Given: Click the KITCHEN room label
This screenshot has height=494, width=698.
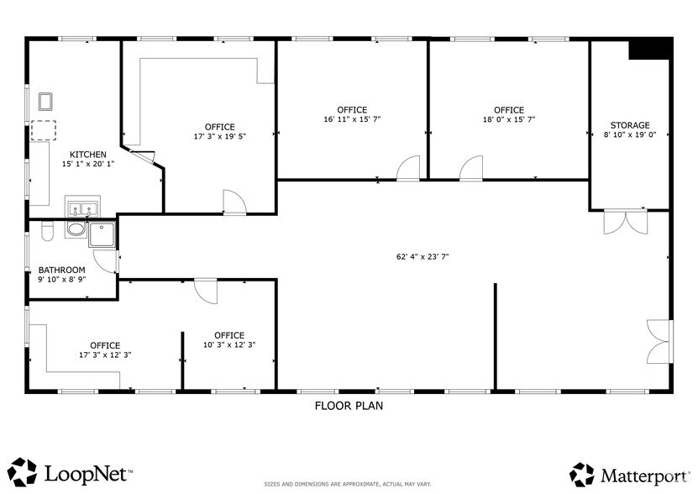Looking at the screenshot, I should point(88,154).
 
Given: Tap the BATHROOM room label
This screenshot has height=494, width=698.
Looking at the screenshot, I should point(61,270).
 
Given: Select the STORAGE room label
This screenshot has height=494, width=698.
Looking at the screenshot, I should point(629,126).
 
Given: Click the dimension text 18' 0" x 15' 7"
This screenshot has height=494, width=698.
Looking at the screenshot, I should point(508,120).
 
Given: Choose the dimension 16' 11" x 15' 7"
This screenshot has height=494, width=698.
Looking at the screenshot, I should point(352,120).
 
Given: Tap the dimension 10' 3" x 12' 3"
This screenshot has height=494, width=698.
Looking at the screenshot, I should point(228,345).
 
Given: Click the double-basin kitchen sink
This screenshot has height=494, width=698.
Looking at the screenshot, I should point(83,208).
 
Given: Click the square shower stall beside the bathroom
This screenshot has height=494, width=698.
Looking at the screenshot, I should point(102,234).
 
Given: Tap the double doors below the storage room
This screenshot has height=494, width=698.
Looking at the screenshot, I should point(625,221).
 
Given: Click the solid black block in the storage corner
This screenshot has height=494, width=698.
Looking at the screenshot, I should point(649,50).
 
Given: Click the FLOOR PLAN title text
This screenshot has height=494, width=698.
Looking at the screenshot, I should point(349,406).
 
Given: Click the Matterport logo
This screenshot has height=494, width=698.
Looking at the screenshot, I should point(627,473).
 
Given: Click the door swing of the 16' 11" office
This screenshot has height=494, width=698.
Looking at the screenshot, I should point(408,168).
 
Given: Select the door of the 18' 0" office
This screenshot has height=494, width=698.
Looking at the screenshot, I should point(471,168).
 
